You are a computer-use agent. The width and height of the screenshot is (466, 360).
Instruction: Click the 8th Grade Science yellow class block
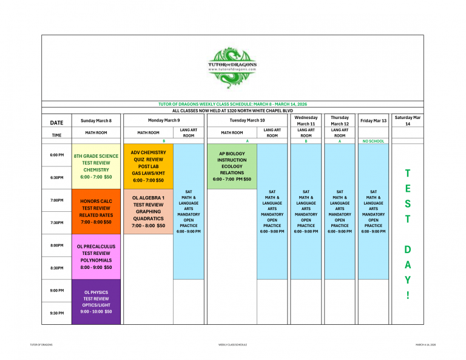point(96,166)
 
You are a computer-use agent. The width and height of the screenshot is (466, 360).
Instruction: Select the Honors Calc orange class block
point(96,211)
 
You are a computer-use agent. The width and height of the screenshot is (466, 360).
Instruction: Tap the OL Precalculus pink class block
point(96,257)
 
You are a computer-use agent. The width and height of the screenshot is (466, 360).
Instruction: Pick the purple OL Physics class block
point(96,302)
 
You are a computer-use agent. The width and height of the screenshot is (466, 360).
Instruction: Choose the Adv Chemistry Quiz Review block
point(148,166)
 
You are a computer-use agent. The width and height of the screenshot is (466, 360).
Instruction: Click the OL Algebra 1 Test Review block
point(148,211)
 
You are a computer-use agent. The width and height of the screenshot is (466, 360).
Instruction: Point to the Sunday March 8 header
point(96,121)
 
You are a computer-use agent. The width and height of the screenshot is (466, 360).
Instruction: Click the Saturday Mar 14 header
point(407,120)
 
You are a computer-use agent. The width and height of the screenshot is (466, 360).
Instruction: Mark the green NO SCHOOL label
point(373,141)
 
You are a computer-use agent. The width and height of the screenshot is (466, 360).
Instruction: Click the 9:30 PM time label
point(57,313)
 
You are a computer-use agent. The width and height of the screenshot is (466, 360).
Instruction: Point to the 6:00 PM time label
point(57,155)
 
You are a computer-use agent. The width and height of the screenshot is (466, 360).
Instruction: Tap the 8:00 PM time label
point(57,245)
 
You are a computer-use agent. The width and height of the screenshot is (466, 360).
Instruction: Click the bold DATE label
point(56,123)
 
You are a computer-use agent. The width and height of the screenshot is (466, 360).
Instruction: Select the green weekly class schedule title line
point(232,104)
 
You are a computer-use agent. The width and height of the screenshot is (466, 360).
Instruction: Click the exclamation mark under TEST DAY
point(407,296)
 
